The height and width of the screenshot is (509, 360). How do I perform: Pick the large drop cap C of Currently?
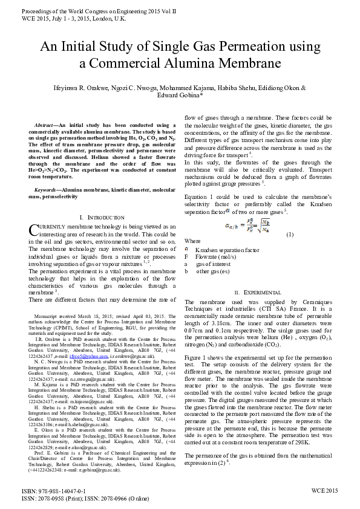click(x=34, y=230)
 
